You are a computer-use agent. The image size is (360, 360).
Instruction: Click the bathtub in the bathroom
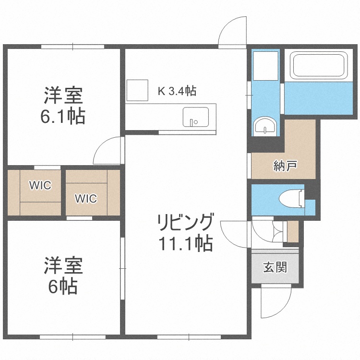[x=319, y=66]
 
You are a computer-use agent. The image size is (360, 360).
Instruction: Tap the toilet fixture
[x=293, y=197]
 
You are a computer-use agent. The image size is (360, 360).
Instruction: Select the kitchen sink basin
[x=195, y=117]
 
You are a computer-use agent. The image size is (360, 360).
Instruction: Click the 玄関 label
[x=275, y=267]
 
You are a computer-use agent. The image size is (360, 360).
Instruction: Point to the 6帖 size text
[x=62, y=287]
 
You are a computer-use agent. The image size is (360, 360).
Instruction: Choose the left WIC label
[x=40, y=186]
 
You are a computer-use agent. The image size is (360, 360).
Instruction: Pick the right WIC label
[x=86, y=198]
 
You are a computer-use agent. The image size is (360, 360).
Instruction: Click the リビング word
[x=185, y=223]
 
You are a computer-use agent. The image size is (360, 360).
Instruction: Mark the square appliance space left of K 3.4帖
[x=138, y=90]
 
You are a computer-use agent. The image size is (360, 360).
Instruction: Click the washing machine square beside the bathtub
[x=265, y=66]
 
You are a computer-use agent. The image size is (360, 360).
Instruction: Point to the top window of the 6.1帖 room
[x=72, y=47]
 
